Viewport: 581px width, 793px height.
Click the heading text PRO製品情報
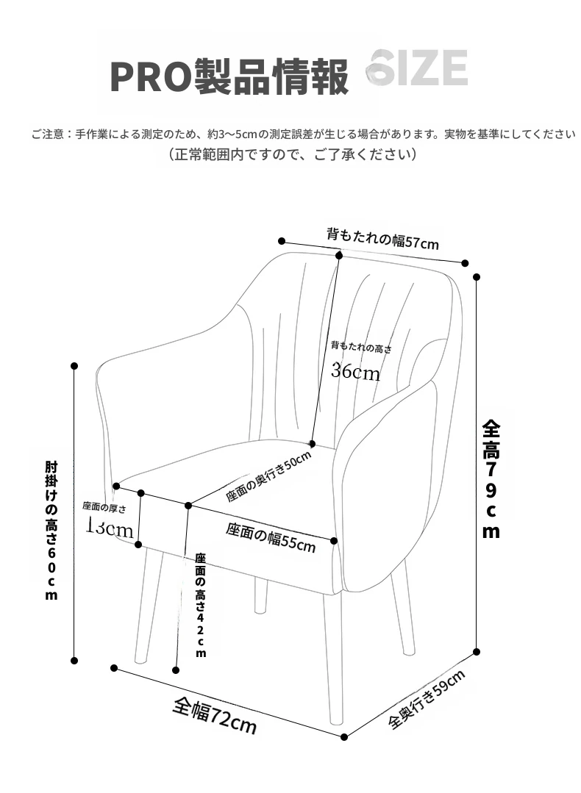229,76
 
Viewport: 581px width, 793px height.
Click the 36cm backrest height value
355,371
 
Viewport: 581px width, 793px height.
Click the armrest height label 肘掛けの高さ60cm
51,531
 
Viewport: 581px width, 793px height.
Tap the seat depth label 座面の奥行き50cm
268,476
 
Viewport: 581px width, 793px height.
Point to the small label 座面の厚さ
104,506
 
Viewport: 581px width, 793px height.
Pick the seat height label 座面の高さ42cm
200,604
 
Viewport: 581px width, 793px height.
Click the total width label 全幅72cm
215,714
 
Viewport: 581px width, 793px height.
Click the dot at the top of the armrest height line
74,365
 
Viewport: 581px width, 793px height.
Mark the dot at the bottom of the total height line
477,651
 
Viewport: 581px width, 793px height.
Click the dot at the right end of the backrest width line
466,263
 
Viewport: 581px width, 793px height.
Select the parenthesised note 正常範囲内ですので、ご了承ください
293,155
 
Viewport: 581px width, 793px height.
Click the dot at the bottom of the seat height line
176,670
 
